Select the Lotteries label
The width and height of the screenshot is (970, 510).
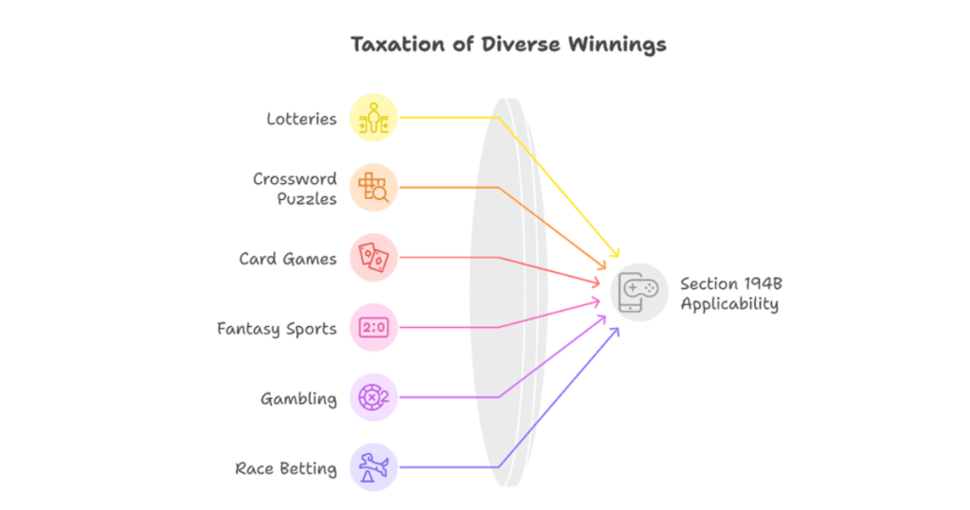301,118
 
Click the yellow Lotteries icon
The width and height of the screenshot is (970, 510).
373,118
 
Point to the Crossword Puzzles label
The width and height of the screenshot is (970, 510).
295,188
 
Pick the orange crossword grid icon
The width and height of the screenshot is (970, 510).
373,187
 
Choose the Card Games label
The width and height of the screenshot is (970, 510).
288,258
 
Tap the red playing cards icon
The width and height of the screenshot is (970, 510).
373,257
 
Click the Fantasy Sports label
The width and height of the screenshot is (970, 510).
277,328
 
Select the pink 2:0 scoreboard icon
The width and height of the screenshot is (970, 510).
373,328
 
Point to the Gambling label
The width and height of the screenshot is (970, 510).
298,398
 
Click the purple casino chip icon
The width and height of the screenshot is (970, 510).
373,397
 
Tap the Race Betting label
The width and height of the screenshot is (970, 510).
286,468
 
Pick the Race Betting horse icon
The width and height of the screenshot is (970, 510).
373,467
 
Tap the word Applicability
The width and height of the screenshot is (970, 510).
729,303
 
